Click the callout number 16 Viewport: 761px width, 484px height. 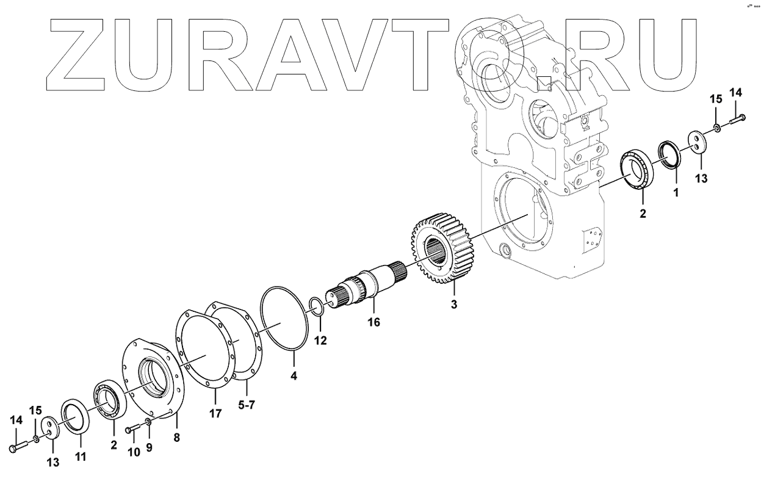[373, 322]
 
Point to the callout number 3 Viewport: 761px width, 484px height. [453, 304]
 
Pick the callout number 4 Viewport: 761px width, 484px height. [294, 377]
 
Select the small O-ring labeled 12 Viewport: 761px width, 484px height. [316, 305]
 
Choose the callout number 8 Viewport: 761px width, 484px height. [177, 437]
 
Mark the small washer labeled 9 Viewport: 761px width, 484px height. [149, 422]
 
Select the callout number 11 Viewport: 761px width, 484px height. [81, 456]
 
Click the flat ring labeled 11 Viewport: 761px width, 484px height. [75, 417]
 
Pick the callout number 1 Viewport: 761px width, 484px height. [676, 193]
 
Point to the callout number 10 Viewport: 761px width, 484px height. [134, 452]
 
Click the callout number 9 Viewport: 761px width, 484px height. [149, 447]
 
